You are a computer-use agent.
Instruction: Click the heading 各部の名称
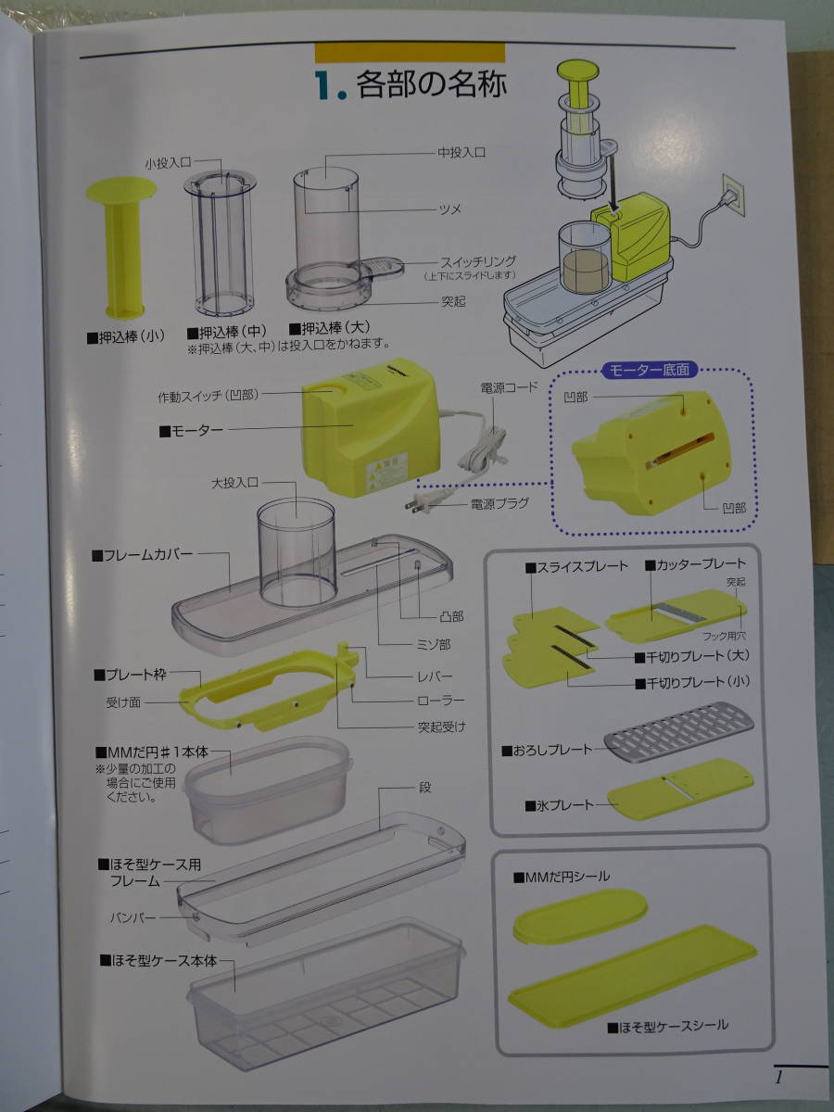(432, 84)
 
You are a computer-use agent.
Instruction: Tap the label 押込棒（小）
(126, 337)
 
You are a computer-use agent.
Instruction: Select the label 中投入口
(461, 153)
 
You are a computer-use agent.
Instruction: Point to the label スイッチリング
(478, 262)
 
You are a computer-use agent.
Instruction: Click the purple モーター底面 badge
(650, 370)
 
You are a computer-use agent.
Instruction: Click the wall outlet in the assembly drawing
(733, 195)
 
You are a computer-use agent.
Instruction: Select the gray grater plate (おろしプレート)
(678, 731)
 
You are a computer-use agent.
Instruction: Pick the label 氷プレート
(559, 805)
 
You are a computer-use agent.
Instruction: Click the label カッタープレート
(695, 564)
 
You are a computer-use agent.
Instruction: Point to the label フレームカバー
(143, 555)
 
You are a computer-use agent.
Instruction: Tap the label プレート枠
(130, 675)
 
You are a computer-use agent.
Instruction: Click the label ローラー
(440, 701)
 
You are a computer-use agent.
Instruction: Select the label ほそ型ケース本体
(158, 960)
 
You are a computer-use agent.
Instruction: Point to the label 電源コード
(510, 387)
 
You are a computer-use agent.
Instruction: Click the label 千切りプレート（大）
(692, 657)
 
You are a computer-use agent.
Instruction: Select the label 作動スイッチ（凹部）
(208, 396)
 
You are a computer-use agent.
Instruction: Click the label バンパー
(133, 917)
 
